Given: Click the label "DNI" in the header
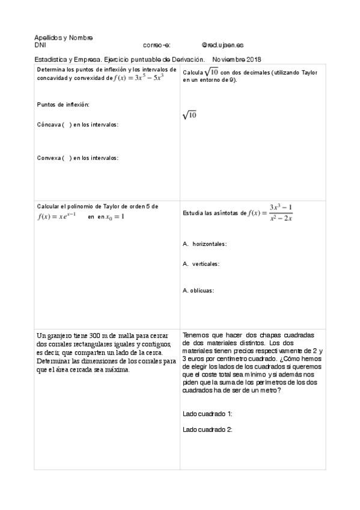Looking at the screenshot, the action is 40,45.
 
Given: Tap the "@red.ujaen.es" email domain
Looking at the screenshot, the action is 222,45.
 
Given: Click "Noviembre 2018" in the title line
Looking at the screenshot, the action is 236,59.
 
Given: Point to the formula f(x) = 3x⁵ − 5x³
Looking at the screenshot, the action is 139,78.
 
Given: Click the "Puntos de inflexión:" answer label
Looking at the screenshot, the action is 63,104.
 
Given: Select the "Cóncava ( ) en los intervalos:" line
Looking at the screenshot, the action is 78,124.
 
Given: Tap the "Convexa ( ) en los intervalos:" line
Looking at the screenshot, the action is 78,158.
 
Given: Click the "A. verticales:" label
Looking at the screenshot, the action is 201,263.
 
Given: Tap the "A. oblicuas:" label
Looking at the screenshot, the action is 198,290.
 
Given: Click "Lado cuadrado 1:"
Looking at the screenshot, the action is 207,414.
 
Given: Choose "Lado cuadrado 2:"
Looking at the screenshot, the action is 207,429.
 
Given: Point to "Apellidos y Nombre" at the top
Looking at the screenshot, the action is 63,37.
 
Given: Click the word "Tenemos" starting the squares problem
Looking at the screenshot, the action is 197,334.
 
